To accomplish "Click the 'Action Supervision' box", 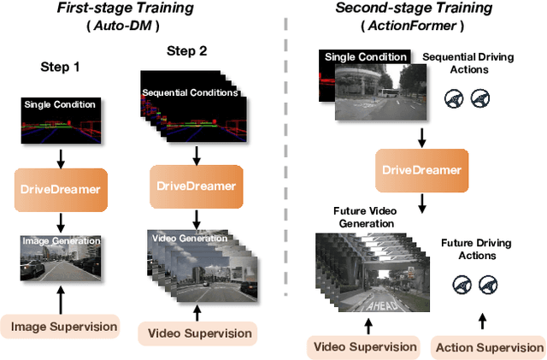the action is tap(490, 347).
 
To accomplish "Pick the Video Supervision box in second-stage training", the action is tap(365, 346).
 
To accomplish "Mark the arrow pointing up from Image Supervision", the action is tap(60, 299).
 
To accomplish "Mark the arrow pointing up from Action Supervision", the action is tap(481, 321).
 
